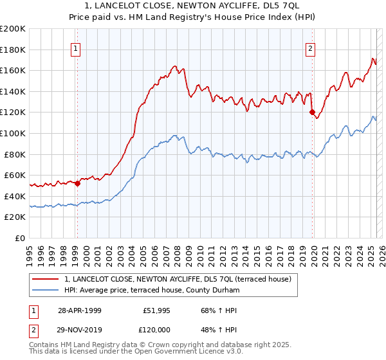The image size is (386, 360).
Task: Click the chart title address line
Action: point(192,6)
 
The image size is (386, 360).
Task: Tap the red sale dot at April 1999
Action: point(78,183)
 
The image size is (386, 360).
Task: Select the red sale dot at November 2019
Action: point(313,113)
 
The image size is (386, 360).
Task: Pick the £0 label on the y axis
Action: point(21,238)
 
